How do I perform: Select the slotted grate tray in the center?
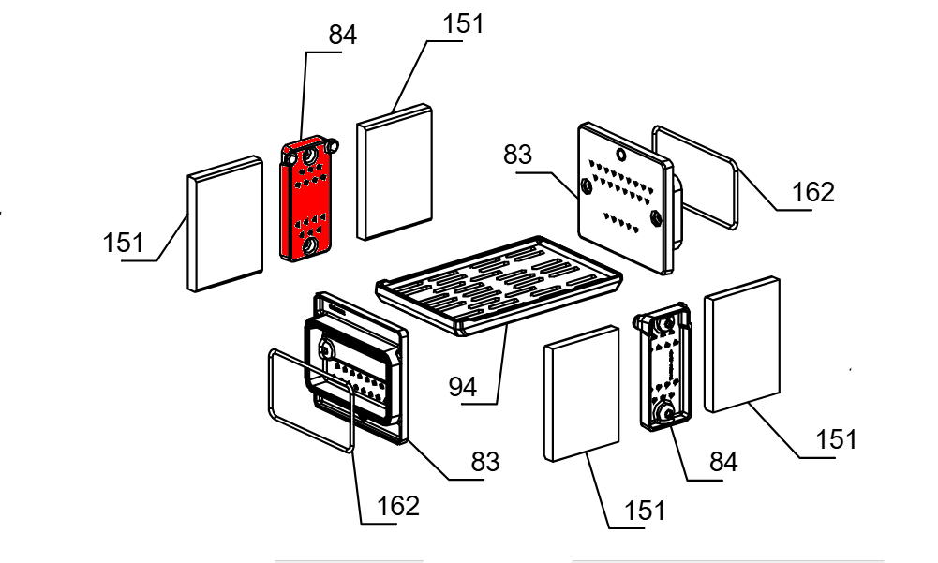[x=497, y=287]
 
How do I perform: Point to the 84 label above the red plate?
[x=342, y=36]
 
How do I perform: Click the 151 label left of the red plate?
[x=123, y=243]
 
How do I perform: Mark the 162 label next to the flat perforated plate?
[x=812, y=192]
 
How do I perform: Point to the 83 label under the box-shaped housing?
[x=484, y=461]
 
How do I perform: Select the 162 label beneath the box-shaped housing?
[x=397, y=506]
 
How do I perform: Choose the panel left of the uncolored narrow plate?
[x=581, y=393]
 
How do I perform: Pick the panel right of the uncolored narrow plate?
[x=743, y=345]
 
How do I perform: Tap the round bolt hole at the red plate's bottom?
[x=306, y=246]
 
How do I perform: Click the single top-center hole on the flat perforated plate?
[x=619, y=151]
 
